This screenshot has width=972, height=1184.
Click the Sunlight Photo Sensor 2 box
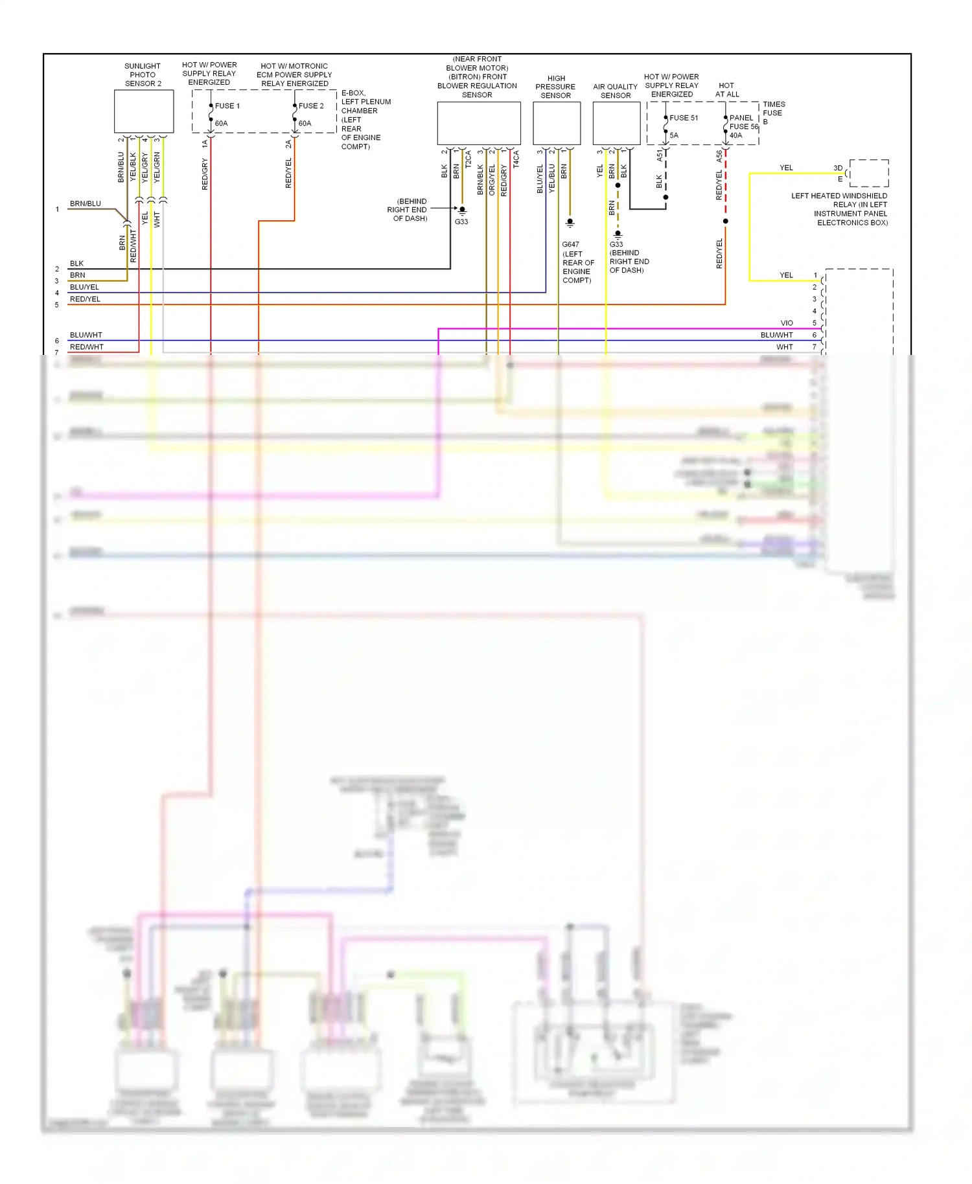click(144, 111)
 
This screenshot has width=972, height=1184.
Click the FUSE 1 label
click(227, 106)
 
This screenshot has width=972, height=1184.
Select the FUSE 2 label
click(311, 106)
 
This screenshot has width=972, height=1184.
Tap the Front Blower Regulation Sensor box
click(478, 123)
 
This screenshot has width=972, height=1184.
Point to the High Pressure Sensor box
click(556, 123)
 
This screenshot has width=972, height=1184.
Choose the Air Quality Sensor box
click(616, 123)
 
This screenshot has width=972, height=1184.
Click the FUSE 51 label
click(684, 118)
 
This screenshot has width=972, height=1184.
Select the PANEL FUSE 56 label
click(743, 122)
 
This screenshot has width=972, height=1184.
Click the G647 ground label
click(570, 244)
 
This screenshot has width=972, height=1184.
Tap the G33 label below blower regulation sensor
click(461, 222)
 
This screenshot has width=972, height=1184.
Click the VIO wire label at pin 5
click(787, 323)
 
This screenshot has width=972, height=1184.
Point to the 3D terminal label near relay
click(838, 168)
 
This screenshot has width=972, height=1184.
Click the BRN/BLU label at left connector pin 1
click(86, 203)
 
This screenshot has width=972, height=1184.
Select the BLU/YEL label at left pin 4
click(84, 287)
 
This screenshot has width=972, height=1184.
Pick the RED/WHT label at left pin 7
click(86, 347)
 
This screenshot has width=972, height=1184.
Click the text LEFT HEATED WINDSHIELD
click(839, 196)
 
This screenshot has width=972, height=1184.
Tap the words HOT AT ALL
click(726, 89)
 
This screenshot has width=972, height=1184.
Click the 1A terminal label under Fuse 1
click(205, 144)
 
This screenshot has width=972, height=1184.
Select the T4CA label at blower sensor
click(516, 159)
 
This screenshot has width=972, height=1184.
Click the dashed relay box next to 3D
click(869, 173)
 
